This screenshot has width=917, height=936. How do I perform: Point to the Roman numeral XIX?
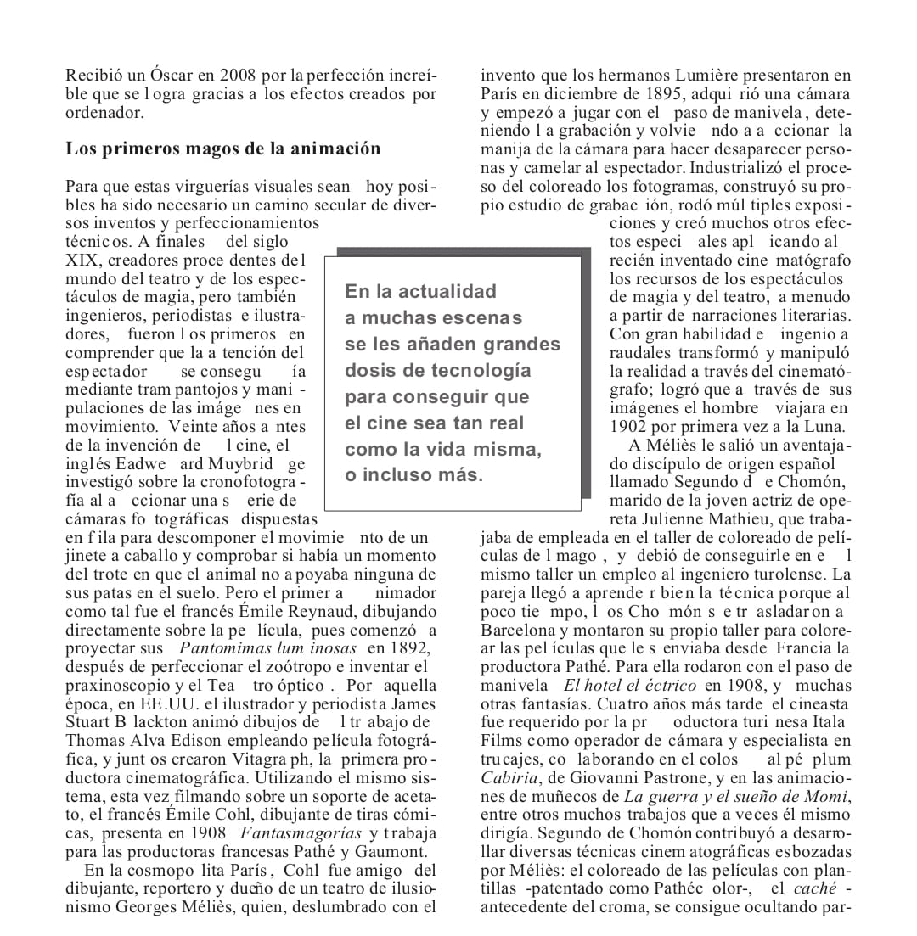click(82, 261)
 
